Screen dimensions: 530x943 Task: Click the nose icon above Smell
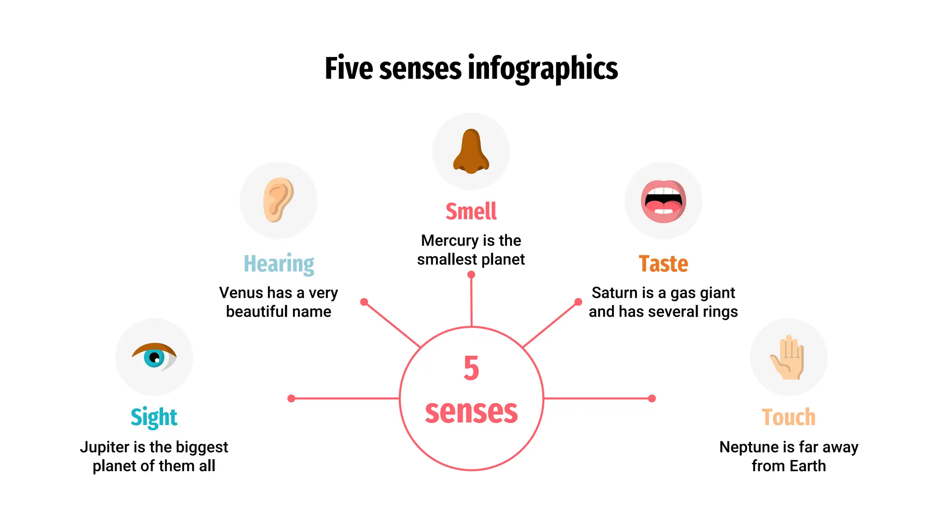coord(471,151)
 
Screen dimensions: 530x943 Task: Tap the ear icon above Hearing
coord(278,200)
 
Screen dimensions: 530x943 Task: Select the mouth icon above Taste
coord(664,202)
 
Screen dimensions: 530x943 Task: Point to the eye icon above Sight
coord(154,357)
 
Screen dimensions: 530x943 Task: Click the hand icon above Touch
coord(788,357)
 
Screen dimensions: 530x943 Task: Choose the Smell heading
coord(471,212)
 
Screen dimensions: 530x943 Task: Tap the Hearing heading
coord(279,264)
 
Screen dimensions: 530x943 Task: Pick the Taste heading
coord(663,264)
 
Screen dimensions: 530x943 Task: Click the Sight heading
coord(154,418)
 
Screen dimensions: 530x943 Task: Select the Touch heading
coord(788,418)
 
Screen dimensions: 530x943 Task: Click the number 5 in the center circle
coord(471,368)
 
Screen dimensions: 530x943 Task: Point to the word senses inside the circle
coord(471,411)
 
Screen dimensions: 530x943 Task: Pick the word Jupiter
coord(105,447)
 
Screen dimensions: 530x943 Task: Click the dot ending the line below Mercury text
coord(471,275)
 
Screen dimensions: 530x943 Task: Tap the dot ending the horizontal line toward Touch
coord(652,398)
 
